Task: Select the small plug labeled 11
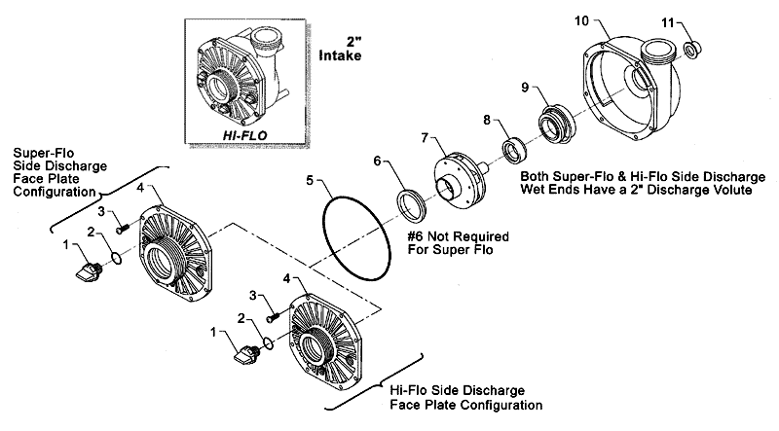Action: click(693, 50)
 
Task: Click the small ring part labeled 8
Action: click(514, 151)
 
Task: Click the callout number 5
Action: click(310, 180)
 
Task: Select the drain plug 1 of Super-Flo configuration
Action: click(89, 269)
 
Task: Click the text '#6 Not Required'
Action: click(458, 237)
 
